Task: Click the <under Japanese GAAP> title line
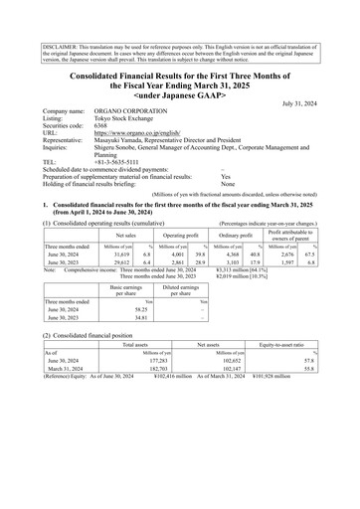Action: [x=179, y=91]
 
